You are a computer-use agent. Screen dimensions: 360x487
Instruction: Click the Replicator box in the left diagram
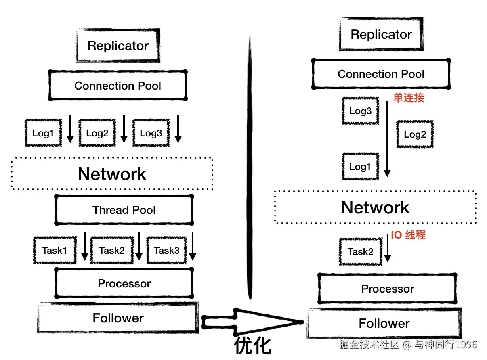[118, 46]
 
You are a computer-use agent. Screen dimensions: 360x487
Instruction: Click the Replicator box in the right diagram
[381, 35]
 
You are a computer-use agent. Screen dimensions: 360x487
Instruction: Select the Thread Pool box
[124, 210]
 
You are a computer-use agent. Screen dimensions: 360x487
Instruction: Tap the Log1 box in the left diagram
[43, 133]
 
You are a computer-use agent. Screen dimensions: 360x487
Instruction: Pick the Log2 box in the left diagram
[97, 133]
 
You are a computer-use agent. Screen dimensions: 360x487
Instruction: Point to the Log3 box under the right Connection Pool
[360, 111]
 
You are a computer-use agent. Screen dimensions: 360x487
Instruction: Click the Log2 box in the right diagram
[415, 134]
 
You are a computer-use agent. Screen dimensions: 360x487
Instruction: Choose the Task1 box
[55, 250]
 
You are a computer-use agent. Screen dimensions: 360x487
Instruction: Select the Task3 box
[166, 250]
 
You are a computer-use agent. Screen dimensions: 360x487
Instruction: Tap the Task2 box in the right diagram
[360, 252]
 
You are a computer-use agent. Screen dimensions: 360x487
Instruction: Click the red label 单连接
[409, 98]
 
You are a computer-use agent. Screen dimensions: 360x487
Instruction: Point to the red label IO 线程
[408, 235]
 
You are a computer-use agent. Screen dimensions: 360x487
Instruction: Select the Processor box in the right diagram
[387, 289]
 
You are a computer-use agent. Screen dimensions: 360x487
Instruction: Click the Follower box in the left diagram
[118, 318]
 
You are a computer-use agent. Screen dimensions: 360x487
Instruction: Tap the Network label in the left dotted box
[112, 174]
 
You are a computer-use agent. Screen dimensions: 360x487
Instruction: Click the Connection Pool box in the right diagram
[381, 74]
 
